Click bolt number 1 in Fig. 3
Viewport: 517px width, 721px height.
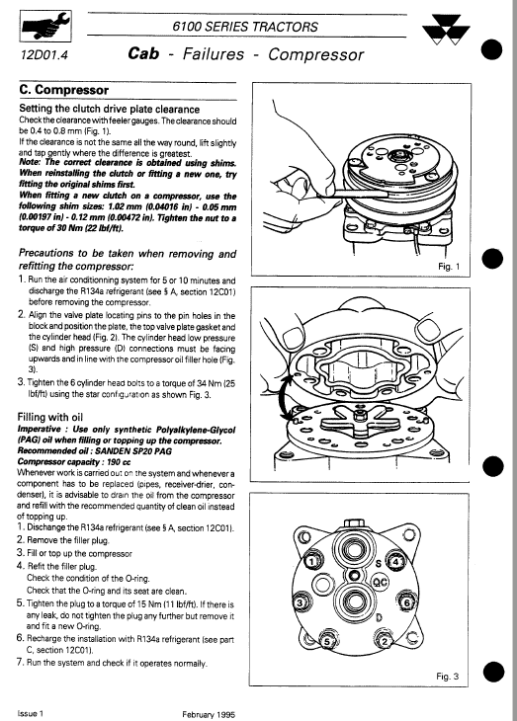(x=310, y=562)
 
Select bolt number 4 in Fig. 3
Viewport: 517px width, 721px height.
(x=397, y=563)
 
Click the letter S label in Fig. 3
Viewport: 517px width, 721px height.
(x=379, y=560)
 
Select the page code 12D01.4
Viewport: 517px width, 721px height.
(x=39, y=55)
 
